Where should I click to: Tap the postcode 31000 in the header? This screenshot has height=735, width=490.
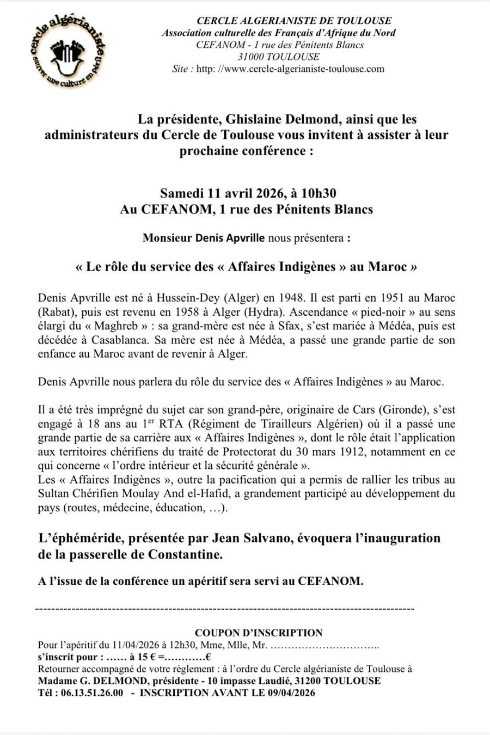251,57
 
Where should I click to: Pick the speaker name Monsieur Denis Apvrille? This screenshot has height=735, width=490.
204,238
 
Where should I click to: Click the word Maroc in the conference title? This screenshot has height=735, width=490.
388,267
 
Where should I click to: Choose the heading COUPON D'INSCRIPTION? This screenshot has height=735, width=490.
259,633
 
